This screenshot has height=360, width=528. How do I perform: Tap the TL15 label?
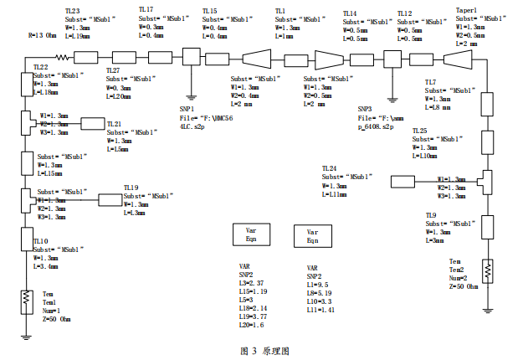click(209, 9)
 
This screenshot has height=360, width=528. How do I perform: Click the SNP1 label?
click(187, 109)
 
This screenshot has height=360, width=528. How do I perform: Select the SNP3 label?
click(366, 109)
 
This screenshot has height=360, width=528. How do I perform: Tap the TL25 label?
click(419, 131)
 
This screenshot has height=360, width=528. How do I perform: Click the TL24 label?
click(330, 168)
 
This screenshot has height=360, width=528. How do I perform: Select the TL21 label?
click(114, 124)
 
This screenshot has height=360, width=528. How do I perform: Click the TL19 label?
click(131, 188)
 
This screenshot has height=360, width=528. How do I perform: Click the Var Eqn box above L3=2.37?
click(251, 234)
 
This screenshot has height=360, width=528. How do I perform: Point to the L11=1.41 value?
click(321, 310)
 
